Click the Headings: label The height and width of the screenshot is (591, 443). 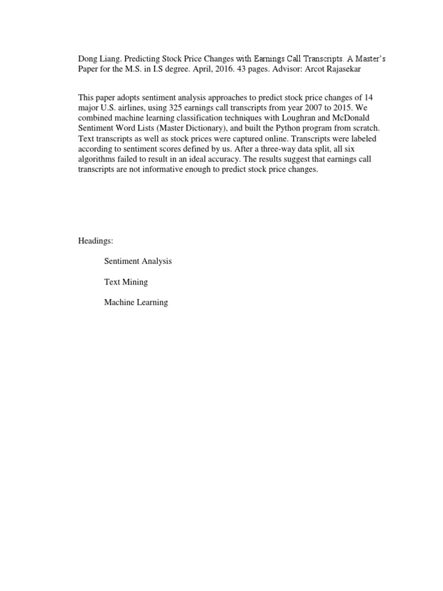click(x=96, y=241)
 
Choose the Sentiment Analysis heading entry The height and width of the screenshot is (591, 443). click(x=138, y=261)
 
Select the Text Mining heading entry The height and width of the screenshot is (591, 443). click(x=126, y=282)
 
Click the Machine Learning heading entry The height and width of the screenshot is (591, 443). click(x=136, y=302)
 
